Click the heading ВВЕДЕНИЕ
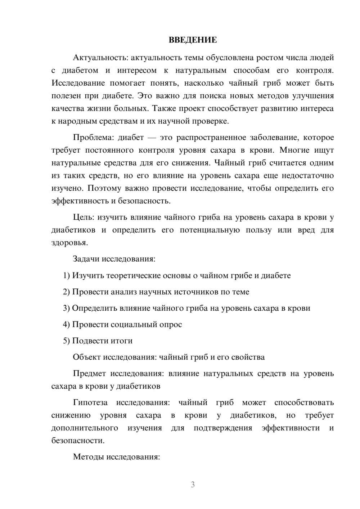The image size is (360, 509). point(193,40)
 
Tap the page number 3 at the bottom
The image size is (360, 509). point(193,485)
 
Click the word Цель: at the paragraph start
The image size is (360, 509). point(84,217)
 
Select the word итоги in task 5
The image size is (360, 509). point(123,341)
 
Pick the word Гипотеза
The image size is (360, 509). point(90,402)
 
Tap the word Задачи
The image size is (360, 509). point(86,259)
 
